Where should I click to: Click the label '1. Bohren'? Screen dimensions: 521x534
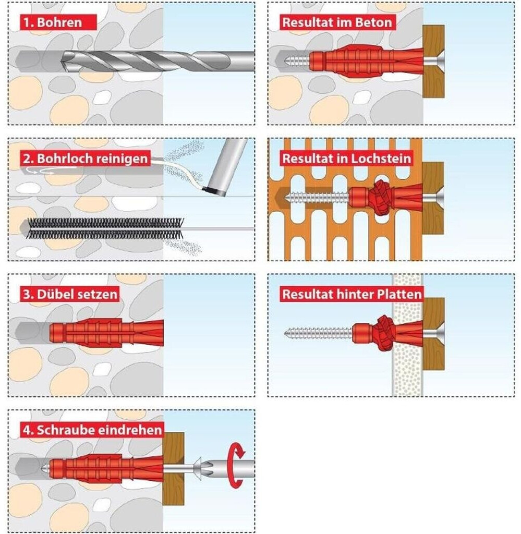[x=53, y=22]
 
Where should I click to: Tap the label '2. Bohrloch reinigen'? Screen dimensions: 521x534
[x=86, y=159]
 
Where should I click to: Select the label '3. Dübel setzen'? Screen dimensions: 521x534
[x=70, y=294]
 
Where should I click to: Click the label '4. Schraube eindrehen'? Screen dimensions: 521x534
[x=92, y=430]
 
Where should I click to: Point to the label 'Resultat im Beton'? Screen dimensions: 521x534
[x=337, y=22]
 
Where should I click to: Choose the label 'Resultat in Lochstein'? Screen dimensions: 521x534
[x=347, y=159]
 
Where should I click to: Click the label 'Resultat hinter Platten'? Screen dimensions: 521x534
[x=352, y=294]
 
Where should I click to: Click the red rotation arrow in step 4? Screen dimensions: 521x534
[x=237, y=465]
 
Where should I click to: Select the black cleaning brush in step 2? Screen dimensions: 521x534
[x=105, y=228]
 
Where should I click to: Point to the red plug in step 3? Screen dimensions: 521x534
[x=106, y=333]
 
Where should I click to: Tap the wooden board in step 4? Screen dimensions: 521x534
[x=173, y=469]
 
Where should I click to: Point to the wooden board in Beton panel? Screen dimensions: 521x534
[x=433, y=62]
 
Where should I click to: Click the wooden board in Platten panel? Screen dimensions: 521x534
[x=433, y=334]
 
